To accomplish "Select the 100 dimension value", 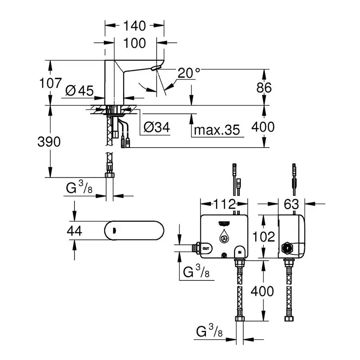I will (x=135, y=43).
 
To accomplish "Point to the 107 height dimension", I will (x=50, y=83).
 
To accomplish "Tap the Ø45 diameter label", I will (x=79, y=91).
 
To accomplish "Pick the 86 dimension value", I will (x=263, y=88).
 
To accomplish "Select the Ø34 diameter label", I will (x=156, y=128).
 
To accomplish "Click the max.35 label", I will (x=217, y=130).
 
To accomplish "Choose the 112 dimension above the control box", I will (x=224, y=204).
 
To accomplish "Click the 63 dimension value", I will (x=291, y=204).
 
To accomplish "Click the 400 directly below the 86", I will (x=263, y=127).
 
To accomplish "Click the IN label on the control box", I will (x=240, y=252).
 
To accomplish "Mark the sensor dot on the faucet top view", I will (x=115, y=231).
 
